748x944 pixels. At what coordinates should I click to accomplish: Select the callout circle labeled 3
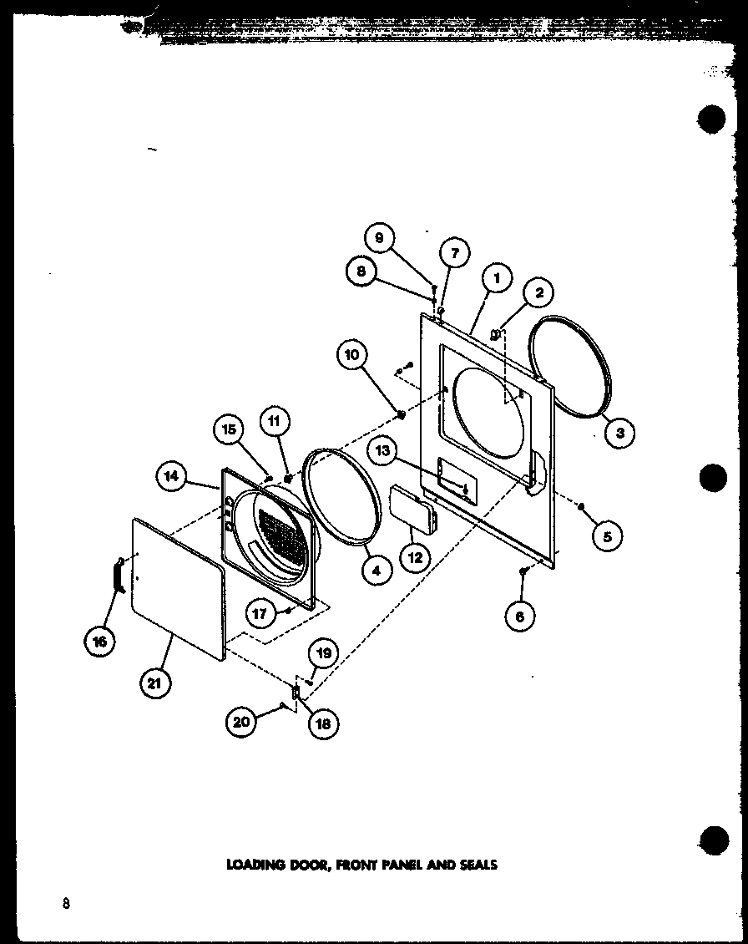[620, 432]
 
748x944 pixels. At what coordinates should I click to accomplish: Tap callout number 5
[607, 536]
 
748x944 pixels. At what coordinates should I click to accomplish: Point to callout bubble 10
[352, 356]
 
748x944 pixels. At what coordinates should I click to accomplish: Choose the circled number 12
[415, 558]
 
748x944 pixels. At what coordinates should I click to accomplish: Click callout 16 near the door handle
[100, 641]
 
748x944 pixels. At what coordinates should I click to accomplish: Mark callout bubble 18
[322, 723]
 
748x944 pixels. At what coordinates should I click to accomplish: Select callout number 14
[170, 475]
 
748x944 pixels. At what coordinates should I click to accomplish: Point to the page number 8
[65, 904]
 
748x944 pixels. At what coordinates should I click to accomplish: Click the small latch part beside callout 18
[295, 692]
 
